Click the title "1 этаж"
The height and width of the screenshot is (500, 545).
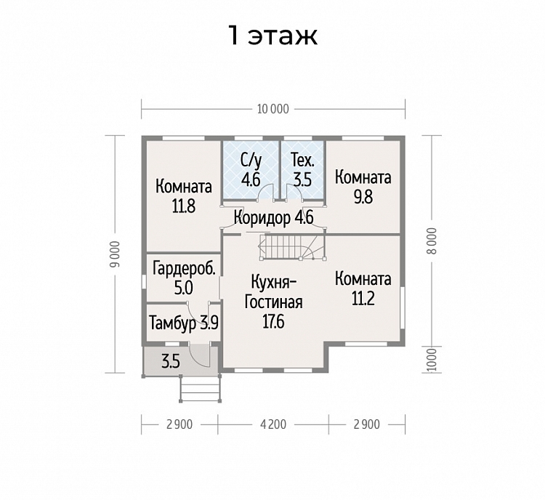[x=272, y=35]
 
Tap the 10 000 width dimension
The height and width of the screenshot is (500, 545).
[x=272, y=109]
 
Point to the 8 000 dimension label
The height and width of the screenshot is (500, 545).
[x=432, y=241]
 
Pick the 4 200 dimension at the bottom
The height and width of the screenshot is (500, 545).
[x=273, y=424]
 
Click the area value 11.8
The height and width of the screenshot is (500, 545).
[x=184, y=206]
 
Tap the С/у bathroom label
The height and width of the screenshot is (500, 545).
[x=251, y=161]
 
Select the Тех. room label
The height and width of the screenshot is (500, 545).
[x=303, y=161]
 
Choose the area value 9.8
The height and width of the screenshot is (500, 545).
[x=363, y=197]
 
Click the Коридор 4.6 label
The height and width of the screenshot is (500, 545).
[x=274, y=218]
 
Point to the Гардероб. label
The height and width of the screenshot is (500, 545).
[x=185, y=270]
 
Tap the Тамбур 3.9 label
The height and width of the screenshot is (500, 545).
[x=184, y=323]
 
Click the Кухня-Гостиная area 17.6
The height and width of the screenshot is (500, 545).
[x=273, y=322]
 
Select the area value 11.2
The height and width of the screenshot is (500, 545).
[x=363, y=299]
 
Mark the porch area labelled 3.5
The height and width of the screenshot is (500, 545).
[x=171, y=362]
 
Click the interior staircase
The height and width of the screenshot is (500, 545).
[x=291, y=247]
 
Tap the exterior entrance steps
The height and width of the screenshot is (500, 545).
[x=201, y=389]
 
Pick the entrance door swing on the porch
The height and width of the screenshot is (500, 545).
[x=200, y=355]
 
